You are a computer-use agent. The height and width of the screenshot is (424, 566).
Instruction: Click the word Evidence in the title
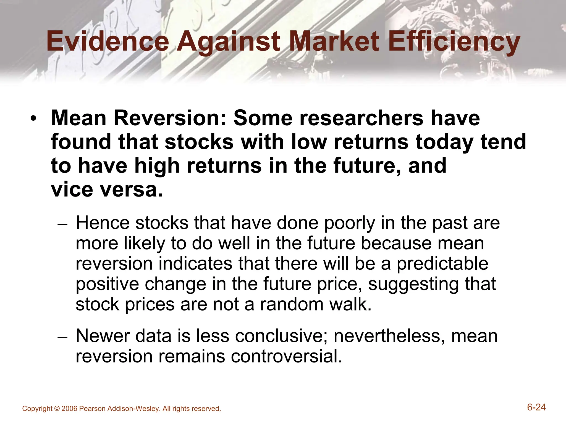click(x=108, y=41)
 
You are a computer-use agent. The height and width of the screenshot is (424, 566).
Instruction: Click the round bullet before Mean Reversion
click(x=33, y=119)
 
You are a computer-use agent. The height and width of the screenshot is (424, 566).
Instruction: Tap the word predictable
click(x=442, y=264)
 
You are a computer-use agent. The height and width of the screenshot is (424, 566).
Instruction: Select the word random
click(x=291, y=304)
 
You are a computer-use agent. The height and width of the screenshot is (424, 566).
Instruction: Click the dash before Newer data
click(x=62, y=337)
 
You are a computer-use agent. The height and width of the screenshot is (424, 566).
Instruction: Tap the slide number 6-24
click(x=536, y=407)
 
